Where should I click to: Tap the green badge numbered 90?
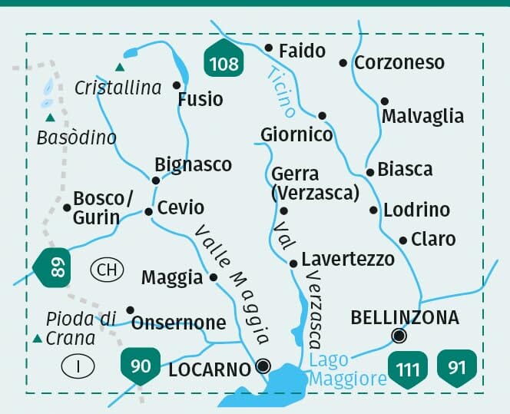pos(141,365)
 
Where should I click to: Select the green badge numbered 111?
pos(407,369)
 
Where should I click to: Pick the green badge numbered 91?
pos(456,367)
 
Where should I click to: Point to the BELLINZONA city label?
pos(405,317)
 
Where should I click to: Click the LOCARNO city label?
pos(210,369)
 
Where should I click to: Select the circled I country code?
pos(78,366)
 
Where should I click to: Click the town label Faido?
pos(302,51)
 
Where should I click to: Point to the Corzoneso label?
pos(399,63)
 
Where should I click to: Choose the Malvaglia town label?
pos(422,116)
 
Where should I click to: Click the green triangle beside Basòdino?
pos(50,118)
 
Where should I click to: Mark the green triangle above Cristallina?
pos(119,67)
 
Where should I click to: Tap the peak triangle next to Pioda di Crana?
pos(36,338)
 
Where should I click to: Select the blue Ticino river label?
pos(280,91)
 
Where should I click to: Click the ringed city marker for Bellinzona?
pos(398,335)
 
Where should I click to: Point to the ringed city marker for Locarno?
pos(263,366)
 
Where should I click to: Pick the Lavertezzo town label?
pos(347,259)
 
